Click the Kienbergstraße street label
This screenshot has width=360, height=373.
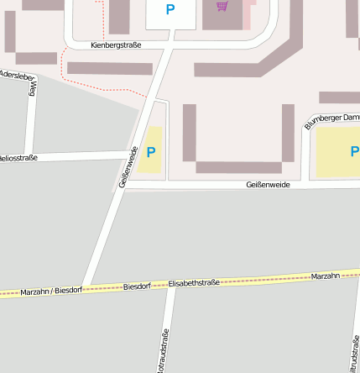click(117, 45)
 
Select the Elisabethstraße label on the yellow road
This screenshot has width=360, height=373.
click(194, 284)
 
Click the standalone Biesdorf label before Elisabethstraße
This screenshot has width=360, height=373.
click(137, 287)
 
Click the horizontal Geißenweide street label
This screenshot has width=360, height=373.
click(269, 185)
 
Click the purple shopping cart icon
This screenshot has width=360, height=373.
click(222, 8)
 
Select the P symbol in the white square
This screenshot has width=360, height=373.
click(170, 10)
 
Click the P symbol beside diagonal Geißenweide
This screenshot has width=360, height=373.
click(151, 152)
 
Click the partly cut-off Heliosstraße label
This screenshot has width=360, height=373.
click(18, 158)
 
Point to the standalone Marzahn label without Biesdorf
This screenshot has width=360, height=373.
click(325, 276)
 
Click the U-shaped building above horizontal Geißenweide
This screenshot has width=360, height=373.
click(238, 166)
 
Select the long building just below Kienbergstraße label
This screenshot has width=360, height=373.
click(110, 68)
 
